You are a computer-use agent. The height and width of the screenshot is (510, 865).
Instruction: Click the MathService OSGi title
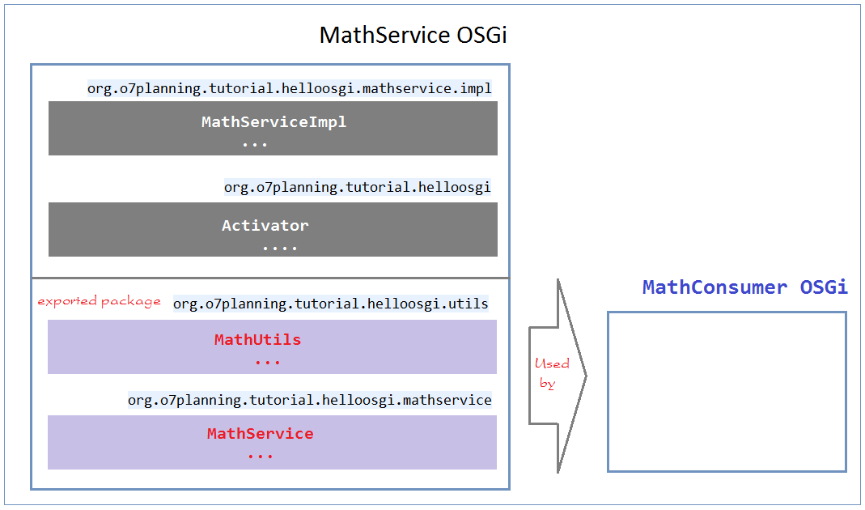coord(413,35)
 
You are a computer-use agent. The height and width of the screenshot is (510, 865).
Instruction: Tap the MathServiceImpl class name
coord(273,122)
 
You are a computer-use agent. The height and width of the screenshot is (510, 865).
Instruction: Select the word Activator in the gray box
coord(265,225)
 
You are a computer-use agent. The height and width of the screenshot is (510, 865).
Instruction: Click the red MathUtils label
coord(257,339)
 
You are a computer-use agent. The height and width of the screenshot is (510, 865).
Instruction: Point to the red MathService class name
coord(261,433)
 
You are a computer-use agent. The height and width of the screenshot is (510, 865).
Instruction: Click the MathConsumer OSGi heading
coord(744,287)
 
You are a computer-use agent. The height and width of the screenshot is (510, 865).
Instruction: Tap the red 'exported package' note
coord(100,301)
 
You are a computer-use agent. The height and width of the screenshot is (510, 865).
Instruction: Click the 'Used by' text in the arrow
coord(551,373)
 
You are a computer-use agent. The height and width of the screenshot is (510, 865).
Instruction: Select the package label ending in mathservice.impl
coord(290,88)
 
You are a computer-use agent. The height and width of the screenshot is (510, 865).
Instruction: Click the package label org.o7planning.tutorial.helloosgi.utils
coord(330,304)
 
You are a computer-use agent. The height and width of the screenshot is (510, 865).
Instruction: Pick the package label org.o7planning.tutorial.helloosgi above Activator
coord(358,187)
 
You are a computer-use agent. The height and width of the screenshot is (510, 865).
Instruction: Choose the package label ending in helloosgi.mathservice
coord(309,400)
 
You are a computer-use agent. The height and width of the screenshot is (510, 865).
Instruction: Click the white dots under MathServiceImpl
coord(255,145)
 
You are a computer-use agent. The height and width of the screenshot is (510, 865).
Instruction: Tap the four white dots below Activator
coord(280,249)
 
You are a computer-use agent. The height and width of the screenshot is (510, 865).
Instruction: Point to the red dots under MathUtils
coord(268,363)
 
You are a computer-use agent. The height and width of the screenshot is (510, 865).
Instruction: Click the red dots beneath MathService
coord(261,457)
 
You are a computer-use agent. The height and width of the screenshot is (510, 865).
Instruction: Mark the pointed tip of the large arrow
coord(587,376)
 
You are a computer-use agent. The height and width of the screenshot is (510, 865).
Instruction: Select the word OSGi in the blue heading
coord(824,287)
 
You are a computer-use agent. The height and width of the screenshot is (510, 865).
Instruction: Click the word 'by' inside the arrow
coord(547,384)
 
